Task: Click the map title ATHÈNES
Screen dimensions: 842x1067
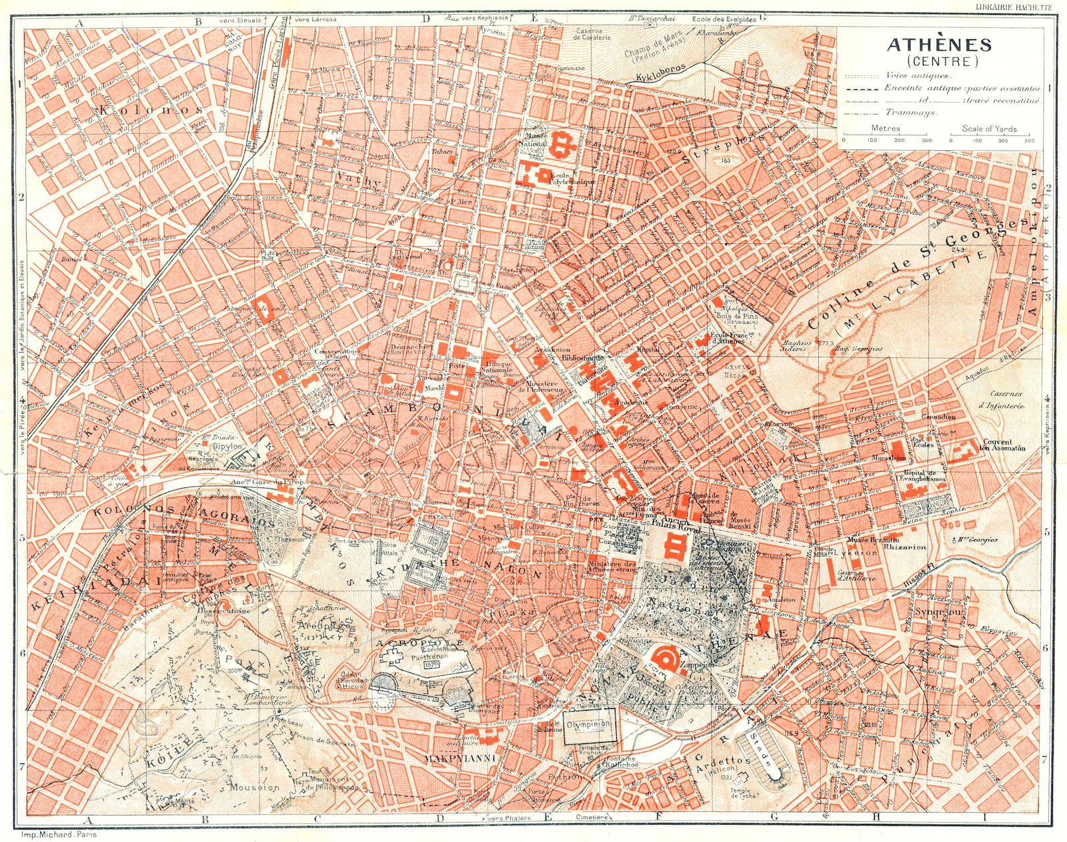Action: [938, 45]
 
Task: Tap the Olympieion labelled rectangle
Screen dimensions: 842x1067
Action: [588, 724]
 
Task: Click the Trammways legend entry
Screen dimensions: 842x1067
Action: [911, 113]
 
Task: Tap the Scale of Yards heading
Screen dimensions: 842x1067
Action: [989, 129]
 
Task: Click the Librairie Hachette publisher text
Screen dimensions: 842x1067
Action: [1014, 6]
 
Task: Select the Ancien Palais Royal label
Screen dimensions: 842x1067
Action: [671, 522]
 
